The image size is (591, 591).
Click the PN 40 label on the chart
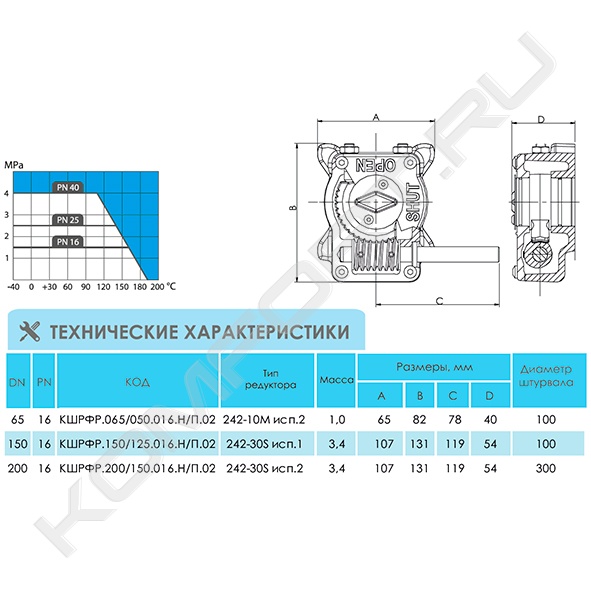point(68,187)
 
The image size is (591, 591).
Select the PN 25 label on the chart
point(68,220)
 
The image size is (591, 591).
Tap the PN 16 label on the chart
point(68,242)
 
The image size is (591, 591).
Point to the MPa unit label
point(14,165)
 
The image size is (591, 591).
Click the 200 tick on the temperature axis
point(157,287)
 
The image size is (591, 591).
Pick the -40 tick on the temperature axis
point(14,287)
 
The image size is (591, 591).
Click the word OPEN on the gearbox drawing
point(376,165)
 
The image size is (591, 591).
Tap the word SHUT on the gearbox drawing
point(413,202)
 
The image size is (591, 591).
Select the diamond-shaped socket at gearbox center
point(375,202)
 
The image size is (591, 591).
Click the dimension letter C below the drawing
point(439,301)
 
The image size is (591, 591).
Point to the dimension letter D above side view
point(541,120)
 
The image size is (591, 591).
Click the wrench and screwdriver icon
point(29,331)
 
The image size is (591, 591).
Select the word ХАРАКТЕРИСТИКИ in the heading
point(267,332)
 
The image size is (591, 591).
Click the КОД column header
point(138,382)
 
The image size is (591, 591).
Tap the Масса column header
point(337,380)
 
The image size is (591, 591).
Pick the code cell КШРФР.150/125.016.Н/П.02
point(138,444)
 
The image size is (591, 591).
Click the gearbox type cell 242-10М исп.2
point(264,420)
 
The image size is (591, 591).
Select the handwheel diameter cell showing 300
point(546,468)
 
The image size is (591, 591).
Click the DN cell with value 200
point(18,468)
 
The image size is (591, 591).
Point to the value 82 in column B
point(419,420)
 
